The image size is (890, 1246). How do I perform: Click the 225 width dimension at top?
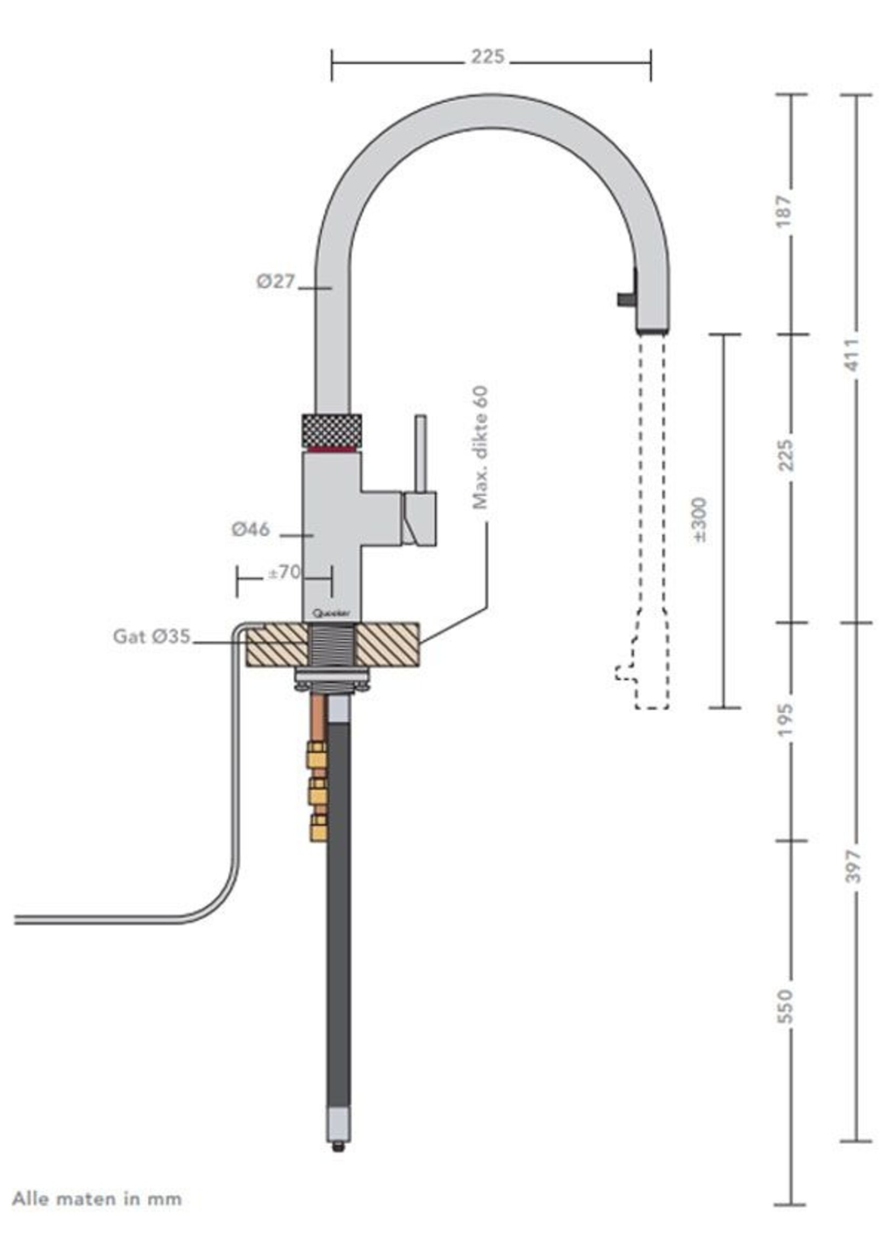point(487,57)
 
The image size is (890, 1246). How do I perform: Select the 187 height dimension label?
point(784,211)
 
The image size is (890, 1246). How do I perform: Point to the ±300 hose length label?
point(700,519)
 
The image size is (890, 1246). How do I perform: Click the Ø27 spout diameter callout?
point(276,282)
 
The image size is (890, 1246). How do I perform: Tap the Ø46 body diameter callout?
point(251,530)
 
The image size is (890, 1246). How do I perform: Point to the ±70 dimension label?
point(284,572)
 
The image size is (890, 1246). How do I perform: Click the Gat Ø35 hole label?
point(152,636)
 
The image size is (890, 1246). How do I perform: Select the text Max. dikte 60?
point(479,447)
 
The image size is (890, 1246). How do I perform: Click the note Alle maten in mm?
point(96,1199)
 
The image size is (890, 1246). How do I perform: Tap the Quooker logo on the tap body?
point(331,614)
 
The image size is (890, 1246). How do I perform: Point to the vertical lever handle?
point(420,453)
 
